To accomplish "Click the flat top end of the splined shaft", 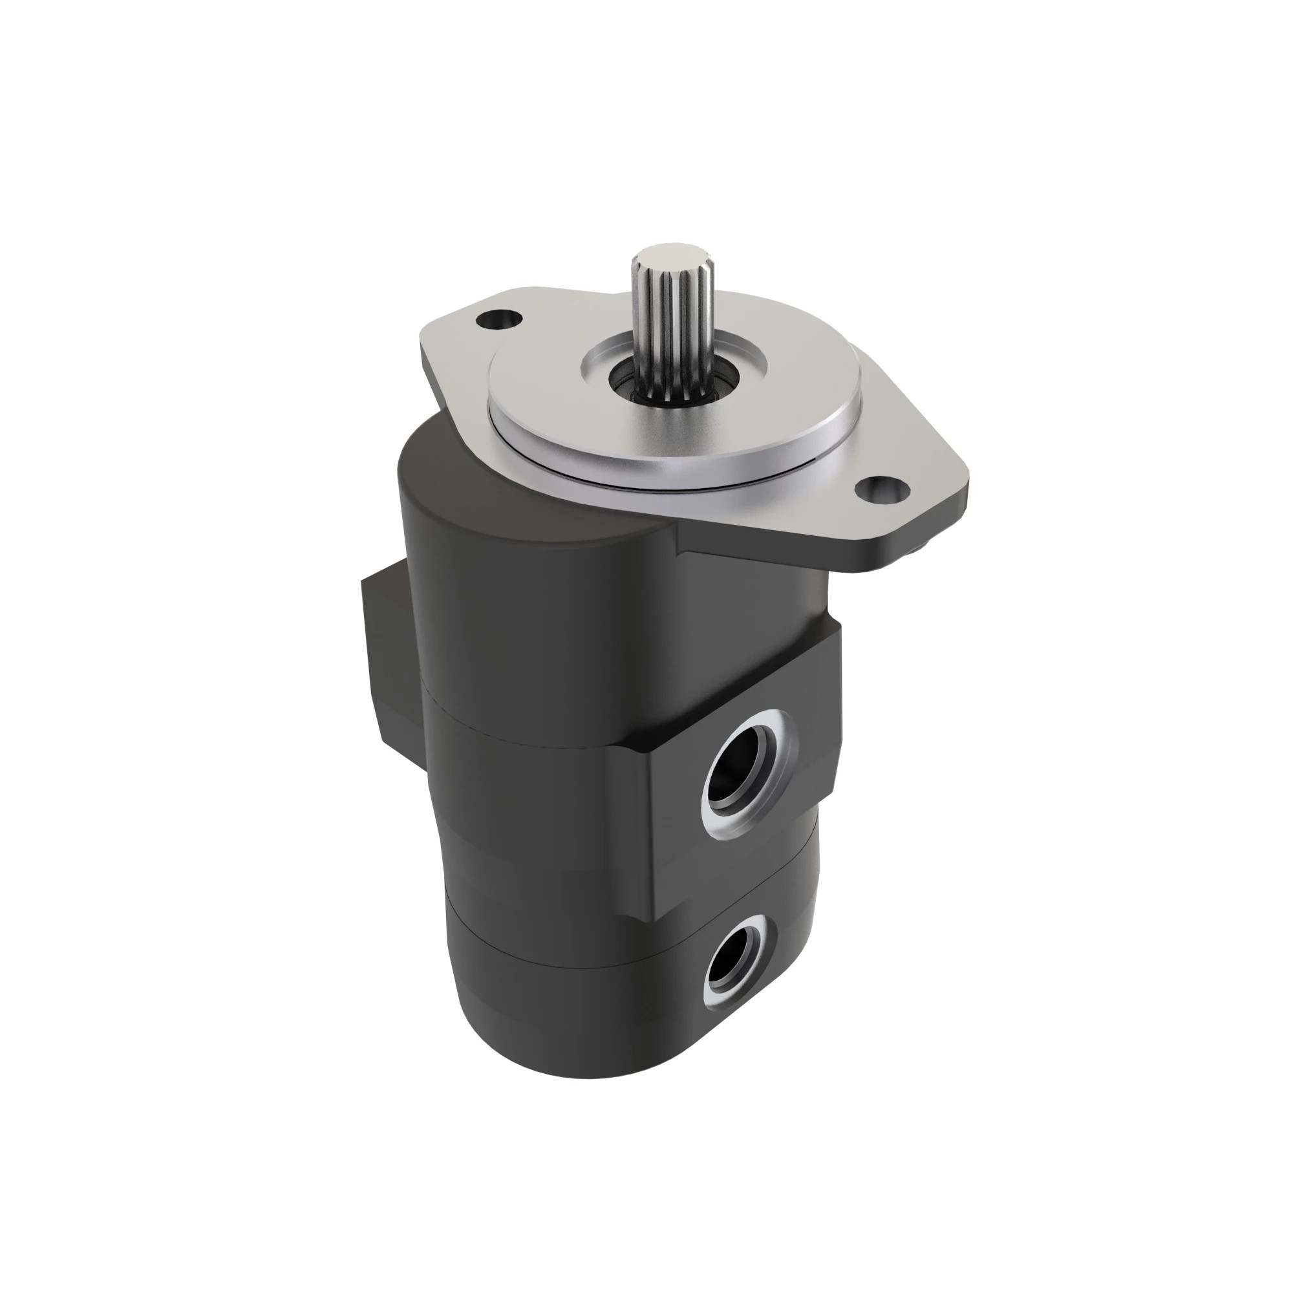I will click(x=663, y=255).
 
